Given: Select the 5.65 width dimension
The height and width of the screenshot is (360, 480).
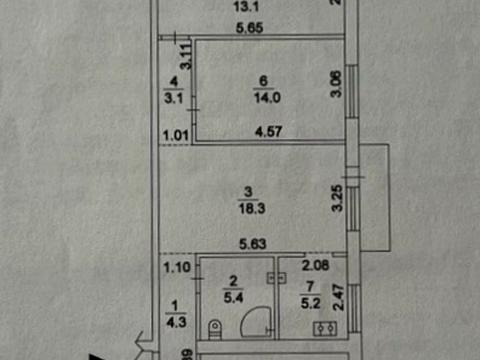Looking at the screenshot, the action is [x=250, y=30].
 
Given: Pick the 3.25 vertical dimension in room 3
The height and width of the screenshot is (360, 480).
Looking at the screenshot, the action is [x=338, y=200].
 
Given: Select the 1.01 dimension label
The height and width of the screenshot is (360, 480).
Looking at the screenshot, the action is [x=176, y=129].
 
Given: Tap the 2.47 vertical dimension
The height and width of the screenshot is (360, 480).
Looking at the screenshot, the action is [x=338, y=300].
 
